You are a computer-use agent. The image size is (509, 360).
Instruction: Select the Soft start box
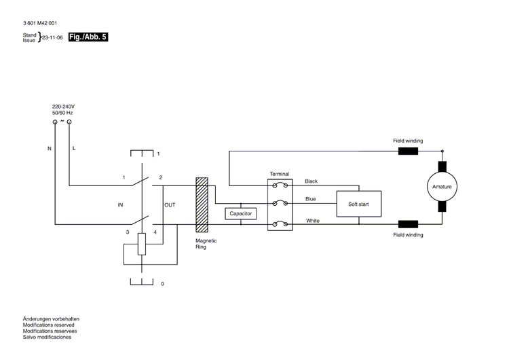[359, 203]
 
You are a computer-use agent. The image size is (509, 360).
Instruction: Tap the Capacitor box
[241, 213]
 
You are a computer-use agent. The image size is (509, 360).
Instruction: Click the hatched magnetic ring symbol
[202, 203]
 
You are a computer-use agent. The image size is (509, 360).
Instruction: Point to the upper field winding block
[408, 151]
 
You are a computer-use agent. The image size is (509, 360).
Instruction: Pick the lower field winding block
[408, 224]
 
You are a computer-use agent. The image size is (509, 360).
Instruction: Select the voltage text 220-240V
[63, 107]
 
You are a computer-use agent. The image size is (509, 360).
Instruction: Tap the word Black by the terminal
[312, 181]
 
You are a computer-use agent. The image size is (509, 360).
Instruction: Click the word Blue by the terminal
[310, 199]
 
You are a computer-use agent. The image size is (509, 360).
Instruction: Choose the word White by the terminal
[313, 220]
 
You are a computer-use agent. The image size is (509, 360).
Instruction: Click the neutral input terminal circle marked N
[55, 122]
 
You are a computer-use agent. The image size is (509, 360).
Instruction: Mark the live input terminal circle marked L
[69, 122]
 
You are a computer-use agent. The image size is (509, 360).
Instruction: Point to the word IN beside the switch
[120, 204]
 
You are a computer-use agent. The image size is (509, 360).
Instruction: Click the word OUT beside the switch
[170, 204]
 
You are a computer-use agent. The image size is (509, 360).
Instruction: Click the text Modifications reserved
[50, 325]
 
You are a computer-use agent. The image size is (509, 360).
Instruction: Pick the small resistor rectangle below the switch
[142, 244]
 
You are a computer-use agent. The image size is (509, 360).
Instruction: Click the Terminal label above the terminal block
[280, 174]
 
